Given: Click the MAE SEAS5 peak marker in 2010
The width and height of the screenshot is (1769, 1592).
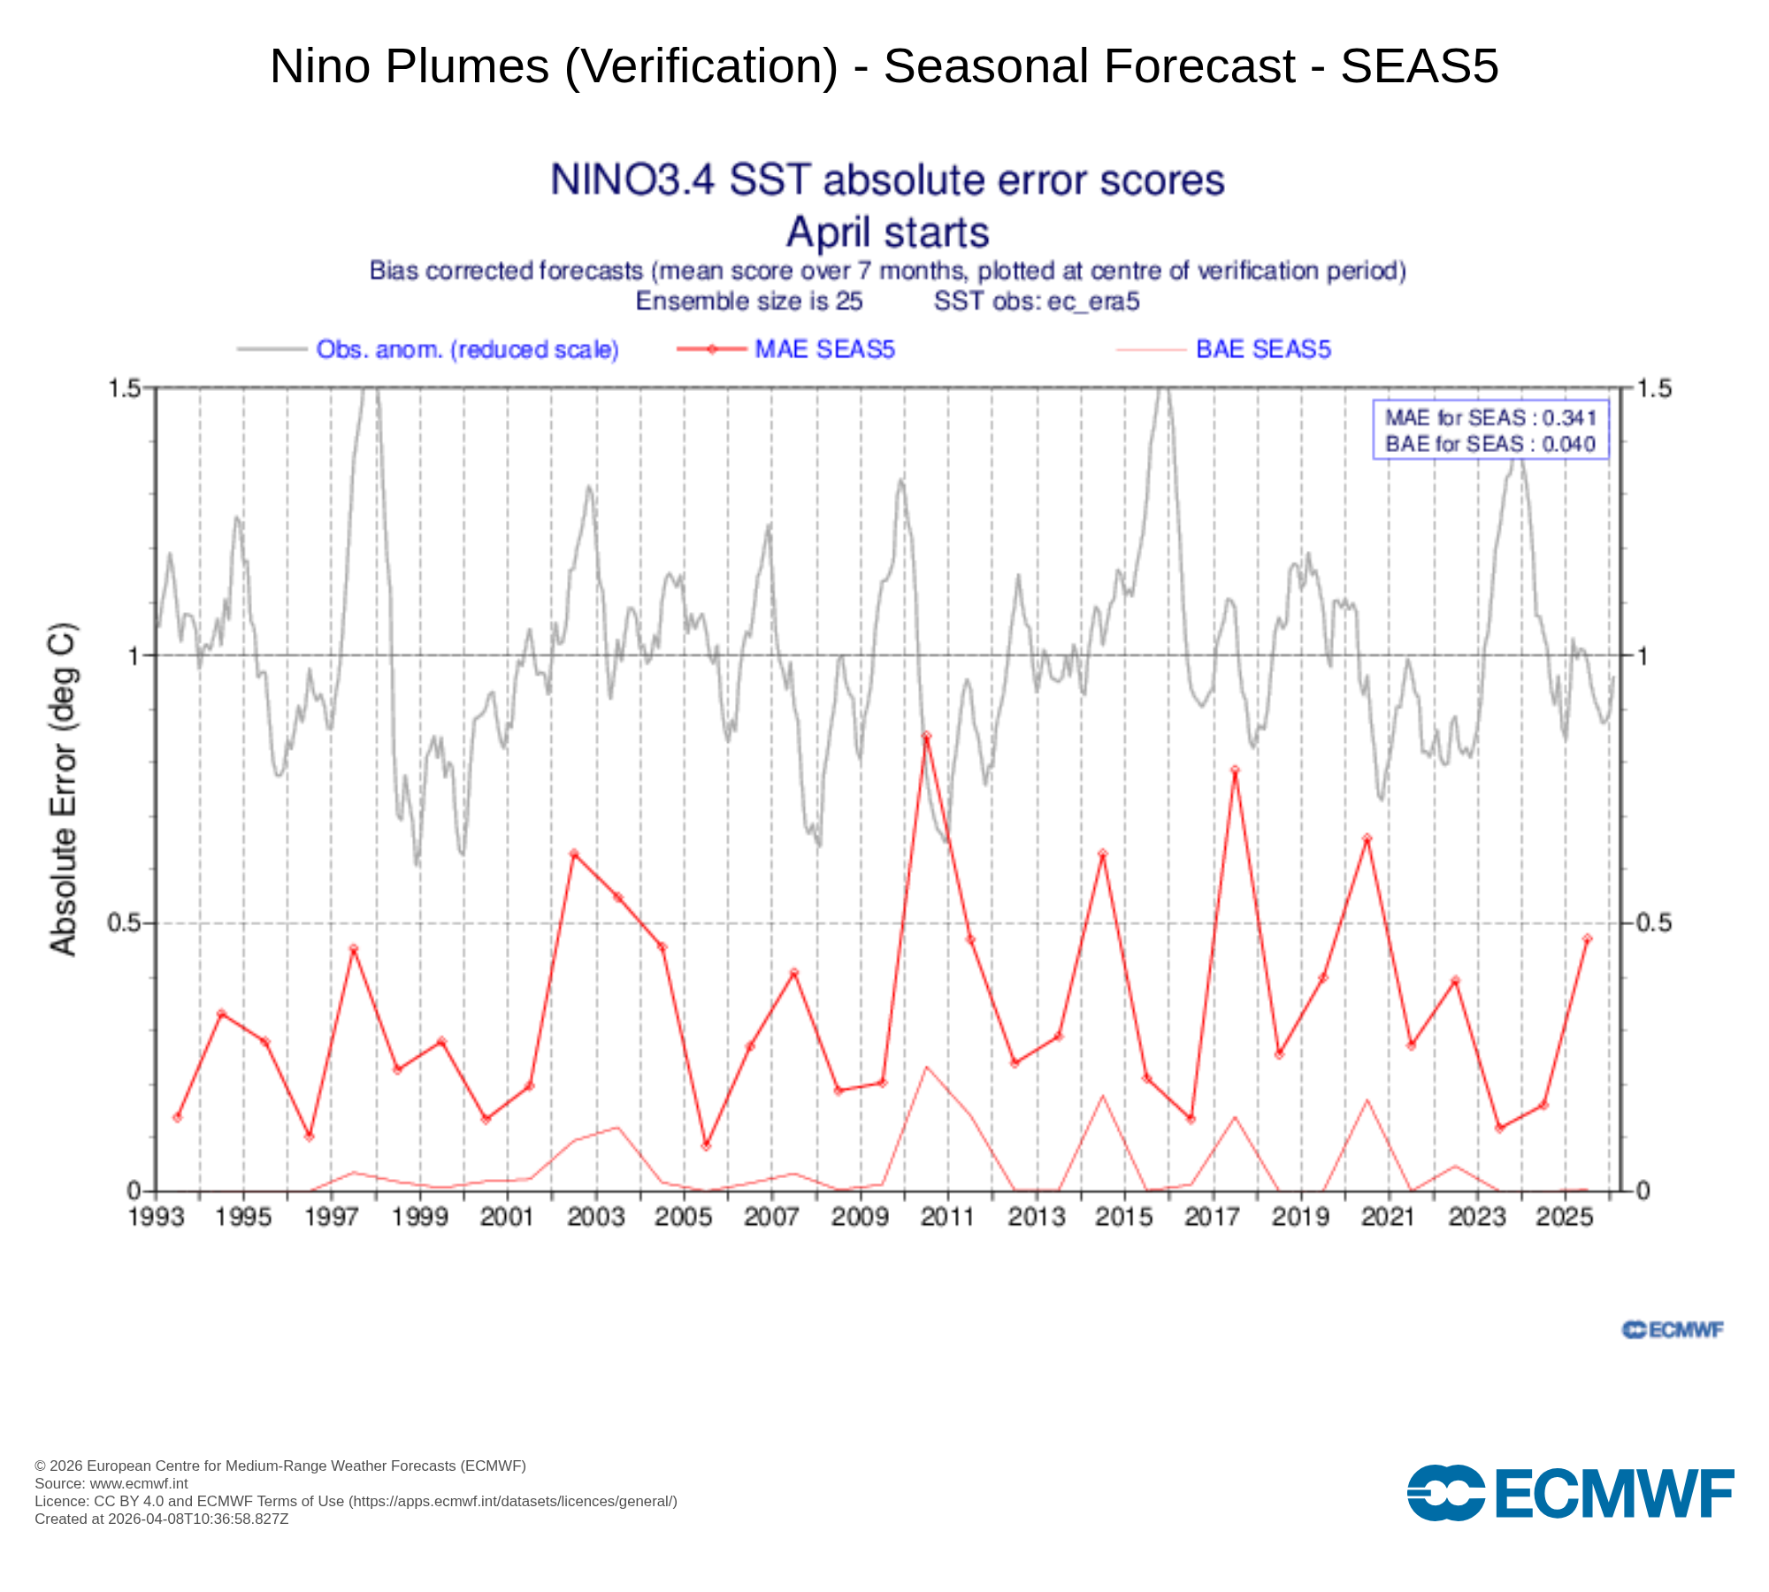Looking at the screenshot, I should pos(926,736).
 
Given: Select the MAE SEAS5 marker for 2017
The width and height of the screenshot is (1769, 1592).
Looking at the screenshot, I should pos(1235,770).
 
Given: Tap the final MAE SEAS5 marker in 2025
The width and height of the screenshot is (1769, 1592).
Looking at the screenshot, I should pos(1587,938).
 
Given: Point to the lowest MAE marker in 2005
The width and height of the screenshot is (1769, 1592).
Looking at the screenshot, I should pos(706,1145).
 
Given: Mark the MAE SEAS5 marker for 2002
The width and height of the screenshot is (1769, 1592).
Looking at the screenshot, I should pos(573,853).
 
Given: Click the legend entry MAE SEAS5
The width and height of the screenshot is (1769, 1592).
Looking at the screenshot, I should pos(824,349).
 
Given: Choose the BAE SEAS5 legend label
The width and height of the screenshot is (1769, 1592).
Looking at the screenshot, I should pos(1262,349).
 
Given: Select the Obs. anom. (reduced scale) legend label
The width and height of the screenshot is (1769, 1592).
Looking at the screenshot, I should pos(467,349).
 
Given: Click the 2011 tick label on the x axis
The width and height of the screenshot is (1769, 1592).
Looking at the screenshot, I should pos(947,1217).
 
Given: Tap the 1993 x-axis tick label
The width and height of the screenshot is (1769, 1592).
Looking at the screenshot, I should pos(156,1217).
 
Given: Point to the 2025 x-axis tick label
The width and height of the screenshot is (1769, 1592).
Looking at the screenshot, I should pos(1565,1217).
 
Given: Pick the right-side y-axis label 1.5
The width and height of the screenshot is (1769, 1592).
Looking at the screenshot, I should pos(1653,388).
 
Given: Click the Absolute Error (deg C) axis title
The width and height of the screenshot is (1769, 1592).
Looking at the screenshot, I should pos(63,790).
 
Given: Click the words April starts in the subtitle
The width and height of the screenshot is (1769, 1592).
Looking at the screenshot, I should pos(887,233).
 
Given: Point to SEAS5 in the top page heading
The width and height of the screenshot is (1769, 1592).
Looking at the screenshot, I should pos(1419,66).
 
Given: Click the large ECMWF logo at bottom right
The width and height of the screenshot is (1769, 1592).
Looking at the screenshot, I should pos(1570,1494).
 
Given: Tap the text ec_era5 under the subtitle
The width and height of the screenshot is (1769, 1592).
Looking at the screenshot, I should pos(1093,302).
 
